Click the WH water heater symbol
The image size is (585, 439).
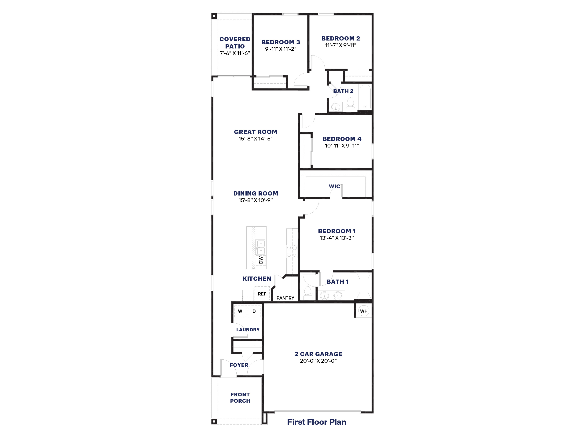click(364, 311)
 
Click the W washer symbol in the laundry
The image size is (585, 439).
click(240, 311)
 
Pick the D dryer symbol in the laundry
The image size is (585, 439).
click(254, 311)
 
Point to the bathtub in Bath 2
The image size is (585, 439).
click(365, 97)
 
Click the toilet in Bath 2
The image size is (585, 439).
click(351, 105)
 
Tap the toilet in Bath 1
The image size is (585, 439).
click(307, 293)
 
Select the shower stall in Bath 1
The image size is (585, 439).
click(364, 286)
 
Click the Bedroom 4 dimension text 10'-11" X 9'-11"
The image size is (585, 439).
click(342, 146)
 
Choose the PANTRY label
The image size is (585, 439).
click(285, 298)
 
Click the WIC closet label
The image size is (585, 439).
click(335, 186)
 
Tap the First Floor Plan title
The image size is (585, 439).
click(317, 422)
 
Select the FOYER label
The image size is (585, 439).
click(239, 365)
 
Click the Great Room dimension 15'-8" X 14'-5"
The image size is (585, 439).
click(256, 139)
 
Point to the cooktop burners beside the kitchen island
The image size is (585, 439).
click(292, 251)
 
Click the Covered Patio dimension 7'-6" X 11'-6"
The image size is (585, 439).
click(235, 53)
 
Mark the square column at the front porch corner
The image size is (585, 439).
click(214, 421)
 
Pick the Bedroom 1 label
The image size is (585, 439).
click(337, 231)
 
